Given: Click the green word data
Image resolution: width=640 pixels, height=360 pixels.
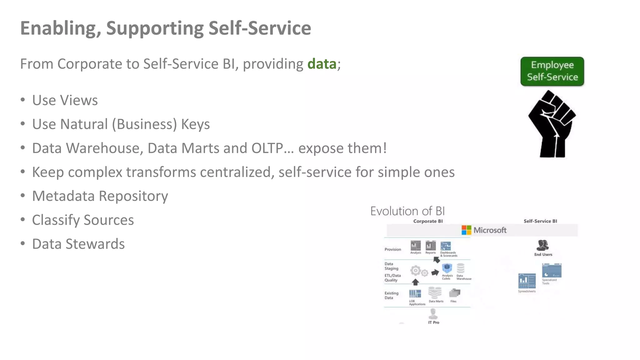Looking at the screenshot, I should (x=322, y=64).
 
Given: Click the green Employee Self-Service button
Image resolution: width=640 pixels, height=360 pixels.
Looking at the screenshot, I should (x=552, y=71).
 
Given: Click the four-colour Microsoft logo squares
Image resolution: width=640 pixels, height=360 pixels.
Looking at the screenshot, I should (x=466, y=230).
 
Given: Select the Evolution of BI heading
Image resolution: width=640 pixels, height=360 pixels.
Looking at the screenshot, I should (x=407, y=211).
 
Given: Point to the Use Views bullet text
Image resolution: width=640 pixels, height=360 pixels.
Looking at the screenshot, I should (x=65, y=100).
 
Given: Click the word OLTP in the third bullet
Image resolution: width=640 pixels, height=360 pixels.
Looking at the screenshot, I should (x=267, y=148).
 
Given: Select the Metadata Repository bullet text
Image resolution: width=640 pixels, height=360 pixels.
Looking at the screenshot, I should (x=100, y=196).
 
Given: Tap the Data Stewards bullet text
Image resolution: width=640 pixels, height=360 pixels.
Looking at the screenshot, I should (x=78, y=244).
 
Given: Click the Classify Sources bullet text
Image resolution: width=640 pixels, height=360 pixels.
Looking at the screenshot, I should (x=83, y=220).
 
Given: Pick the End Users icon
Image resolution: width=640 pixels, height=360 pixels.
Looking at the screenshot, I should (x=542, y=245).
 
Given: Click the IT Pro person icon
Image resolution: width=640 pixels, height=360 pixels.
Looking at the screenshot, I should (x=433, y=313).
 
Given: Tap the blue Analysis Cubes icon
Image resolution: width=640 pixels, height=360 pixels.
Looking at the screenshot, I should (x=447, y=268).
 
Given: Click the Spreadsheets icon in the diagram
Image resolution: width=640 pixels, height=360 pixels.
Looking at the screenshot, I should (x=527, y=281).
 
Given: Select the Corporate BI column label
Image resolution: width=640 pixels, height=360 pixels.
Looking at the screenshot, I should (x=428, y=221).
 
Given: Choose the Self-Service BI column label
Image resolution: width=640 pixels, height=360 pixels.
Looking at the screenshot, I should (x=540, y=221).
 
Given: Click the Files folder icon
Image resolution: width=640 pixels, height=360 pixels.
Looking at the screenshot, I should (x=454, y=293).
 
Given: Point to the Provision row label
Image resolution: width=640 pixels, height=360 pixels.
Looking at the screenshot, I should (x=392, y=249).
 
